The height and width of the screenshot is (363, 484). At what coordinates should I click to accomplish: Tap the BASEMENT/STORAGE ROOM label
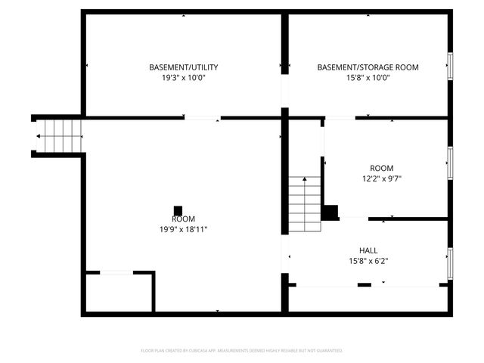(x=368, y=67)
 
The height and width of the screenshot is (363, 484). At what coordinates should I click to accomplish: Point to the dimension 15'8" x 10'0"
(x=368, y=78)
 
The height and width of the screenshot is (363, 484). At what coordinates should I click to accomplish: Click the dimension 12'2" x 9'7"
(x=381, y=179)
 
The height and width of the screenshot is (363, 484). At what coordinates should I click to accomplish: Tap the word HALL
(x=368, y=250)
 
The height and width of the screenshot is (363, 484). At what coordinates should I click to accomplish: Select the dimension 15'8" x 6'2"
(x=368, y=261)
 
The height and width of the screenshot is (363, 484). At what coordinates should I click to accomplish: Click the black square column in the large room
(x=178, y=210)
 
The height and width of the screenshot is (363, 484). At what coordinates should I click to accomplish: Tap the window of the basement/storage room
(x=450, y=67)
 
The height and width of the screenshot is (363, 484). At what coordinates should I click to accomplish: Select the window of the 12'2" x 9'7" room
(x=450, y=160)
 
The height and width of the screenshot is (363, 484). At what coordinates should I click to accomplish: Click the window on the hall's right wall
(x=450, y=262)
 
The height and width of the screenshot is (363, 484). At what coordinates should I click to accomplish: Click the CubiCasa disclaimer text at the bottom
(x=242, y=351)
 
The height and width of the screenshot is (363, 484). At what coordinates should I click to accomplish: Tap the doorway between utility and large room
(x=203, y=118)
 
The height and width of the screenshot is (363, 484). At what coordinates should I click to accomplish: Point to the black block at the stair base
(x=330, y=212)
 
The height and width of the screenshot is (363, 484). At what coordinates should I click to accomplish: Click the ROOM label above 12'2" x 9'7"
(x=381, y=168)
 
